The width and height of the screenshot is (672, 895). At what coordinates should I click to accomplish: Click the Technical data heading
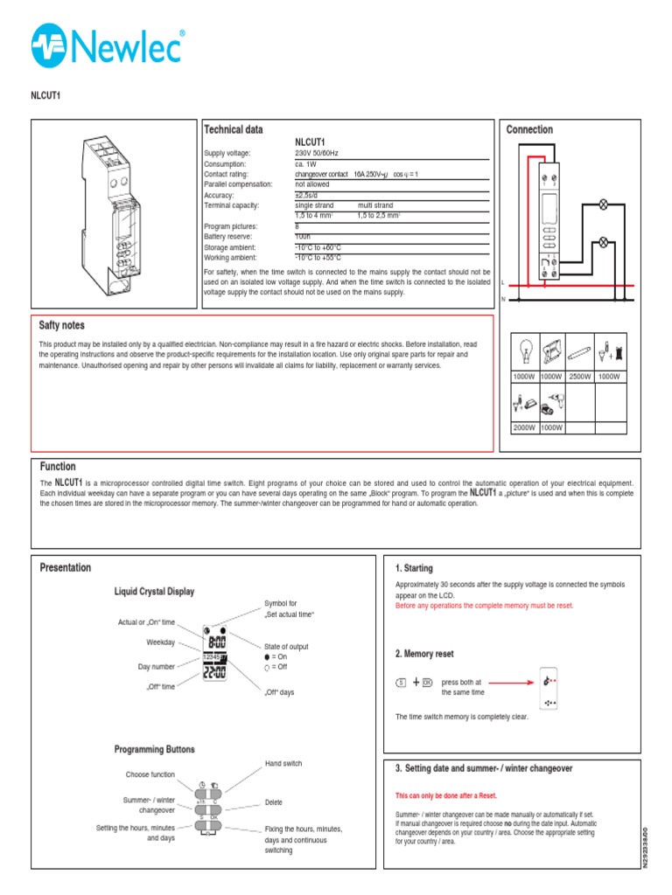(233, 129)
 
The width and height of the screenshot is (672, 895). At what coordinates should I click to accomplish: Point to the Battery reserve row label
(229, 237)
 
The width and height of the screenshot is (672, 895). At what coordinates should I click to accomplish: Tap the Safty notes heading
(62, 325)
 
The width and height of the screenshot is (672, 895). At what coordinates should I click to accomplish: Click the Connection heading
(529, 129)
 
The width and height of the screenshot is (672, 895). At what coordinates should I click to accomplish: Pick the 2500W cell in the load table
(580, 376)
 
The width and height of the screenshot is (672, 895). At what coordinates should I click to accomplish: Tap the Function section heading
(58, 467)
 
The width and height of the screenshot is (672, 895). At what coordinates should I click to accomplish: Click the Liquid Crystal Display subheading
(154, 592)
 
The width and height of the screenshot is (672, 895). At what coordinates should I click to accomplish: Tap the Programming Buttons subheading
(154, 749)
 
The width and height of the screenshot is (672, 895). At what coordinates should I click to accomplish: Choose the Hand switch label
(283, 763)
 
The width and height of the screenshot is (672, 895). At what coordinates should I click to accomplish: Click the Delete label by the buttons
(273, 802)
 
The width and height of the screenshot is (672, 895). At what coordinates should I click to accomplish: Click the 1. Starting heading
(414, 568)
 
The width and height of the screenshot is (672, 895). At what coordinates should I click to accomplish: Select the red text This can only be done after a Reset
(445, 796)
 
